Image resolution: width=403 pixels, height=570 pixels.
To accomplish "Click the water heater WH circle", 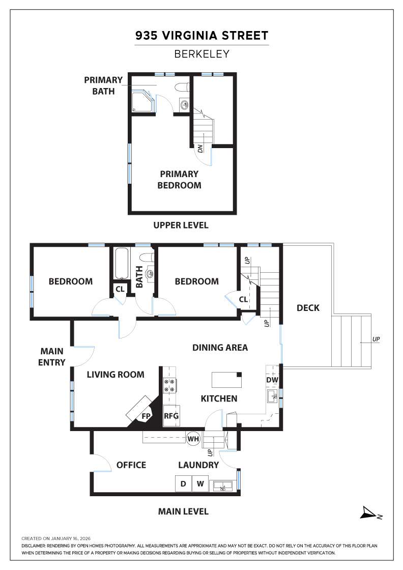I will pyautogui.click(x=193, y=438).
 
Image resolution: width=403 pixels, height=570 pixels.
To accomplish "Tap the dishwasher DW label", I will pyautogui.click(x=272, y=380).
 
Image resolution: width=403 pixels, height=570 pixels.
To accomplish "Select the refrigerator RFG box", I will pyautogui.click(x=171, y=416).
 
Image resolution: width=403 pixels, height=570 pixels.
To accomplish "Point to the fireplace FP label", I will pyautogui.click(x=146, y=416).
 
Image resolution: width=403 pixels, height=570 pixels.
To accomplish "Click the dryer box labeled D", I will pyautogui.click(x=183, y=483).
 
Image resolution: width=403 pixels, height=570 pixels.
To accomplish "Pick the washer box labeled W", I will pyautogui.click(x=200, y=483).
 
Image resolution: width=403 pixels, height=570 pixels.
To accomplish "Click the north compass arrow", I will pyautogui.click(x=368, y=513).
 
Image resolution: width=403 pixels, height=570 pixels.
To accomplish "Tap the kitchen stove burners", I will pyautogui.click(x=169, y=386).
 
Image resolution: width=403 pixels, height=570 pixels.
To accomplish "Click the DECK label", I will pyautogui.click(x=308, y=307).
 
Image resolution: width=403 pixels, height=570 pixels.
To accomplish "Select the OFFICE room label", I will pyautogui.click(x=131, y=465).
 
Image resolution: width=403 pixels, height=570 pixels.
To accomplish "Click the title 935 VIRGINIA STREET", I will pyautogui.click(x=201, y=36).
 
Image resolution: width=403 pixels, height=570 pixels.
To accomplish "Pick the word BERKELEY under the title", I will pyautogui.click(x=201, y=53).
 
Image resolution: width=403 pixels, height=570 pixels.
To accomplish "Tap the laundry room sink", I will pyautogui.click(x=223, y=486).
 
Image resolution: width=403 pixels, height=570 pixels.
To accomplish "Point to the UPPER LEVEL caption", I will pyautogui.click(x=181, y=225).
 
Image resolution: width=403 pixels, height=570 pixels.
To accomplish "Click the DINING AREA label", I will pyautogui.click(x=220, y=348).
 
